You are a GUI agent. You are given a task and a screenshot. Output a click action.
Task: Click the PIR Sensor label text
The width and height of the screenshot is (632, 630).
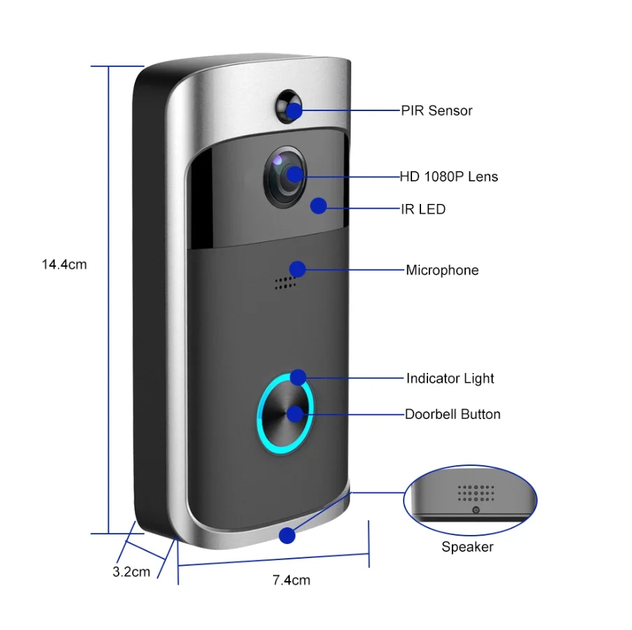436,110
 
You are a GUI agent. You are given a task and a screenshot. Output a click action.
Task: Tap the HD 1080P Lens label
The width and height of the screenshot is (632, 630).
448,177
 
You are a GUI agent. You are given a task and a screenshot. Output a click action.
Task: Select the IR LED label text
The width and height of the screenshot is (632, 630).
423,210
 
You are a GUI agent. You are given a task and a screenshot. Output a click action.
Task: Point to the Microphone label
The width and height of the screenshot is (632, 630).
442,270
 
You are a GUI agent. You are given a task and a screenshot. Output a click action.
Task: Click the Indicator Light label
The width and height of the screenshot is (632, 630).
450,379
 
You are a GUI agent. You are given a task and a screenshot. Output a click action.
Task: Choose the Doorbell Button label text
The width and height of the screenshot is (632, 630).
453,414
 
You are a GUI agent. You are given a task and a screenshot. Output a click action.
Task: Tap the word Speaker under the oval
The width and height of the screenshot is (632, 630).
467,547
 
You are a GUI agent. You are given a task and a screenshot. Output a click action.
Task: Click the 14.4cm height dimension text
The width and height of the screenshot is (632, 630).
64,265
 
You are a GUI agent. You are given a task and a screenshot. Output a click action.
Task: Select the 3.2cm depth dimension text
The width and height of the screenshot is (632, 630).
131,571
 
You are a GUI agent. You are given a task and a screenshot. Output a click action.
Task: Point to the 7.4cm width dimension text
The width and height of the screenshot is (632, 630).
291,580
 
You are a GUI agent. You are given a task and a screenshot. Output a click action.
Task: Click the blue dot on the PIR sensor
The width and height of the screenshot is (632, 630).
295,110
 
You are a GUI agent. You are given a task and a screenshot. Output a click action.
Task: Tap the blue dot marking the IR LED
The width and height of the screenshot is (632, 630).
318,206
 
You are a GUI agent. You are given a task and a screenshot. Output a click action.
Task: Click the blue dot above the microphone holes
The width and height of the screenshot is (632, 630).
297,269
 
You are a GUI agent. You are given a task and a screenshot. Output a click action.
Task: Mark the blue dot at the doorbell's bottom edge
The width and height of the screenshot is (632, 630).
286,536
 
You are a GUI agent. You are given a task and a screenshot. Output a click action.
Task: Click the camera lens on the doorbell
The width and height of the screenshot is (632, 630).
285,175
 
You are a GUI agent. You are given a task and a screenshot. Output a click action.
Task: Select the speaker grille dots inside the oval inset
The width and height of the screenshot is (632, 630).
476,493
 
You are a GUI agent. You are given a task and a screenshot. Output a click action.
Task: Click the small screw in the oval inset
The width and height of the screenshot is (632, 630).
476,511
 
